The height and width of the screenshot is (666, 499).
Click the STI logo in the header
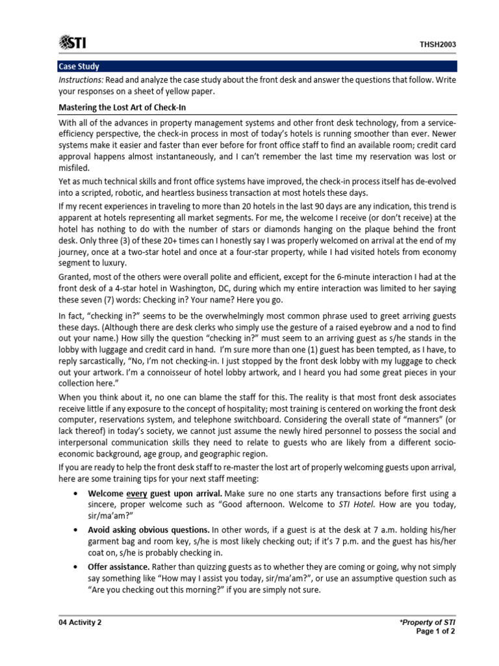click(72, 44)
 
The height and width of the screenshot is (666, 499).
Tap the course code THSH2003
click(437, 45)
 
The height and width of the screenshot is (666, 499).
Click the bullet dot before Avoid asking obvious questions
click(77, 530)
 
